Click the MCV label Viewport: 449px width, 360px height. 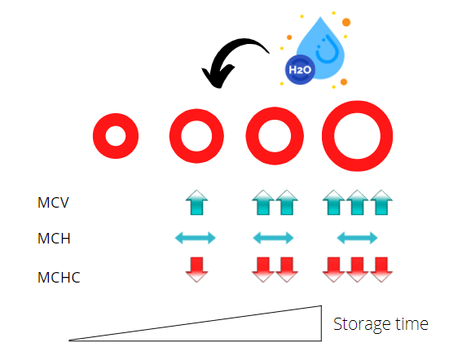[x=53, y=202]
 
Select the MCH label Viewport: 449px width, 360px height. [x=54, y=238]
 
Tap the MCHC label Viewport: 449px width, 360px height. [x=59, y=277]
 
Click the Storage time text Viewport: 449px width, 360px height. [x=381, y=324]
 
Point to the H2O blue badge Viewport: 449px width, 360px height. [x=300, y=69]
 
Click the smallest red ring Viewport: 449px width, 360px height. [x=99, y=136]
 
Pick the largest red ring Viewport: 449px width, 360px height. [x=328, y=136]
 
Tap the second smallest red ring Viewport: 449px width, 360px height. [x=175, y=136]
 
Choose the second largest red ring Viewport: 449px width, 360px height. [x=252, y=136]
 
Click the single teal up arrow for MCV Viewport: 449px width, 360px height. [x=196, y=202]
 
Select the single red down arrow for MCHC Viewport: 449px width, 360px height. [x=196, y=270]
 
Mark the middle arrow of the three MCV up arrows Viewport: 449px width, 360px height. [x=358, y=202]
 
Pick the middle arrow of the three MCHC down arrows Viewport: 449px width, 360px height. [x=358, y=270]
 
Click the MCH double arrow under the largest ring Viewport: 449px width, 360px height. [x=358, y=238]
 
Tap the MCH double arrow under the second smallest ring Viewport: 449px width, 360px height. [x=196, y=238]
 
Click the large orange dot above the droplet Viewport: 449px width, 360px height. [x=346, y=22]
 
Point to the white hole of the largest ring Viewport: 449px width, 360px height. [x=358, y=136]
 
